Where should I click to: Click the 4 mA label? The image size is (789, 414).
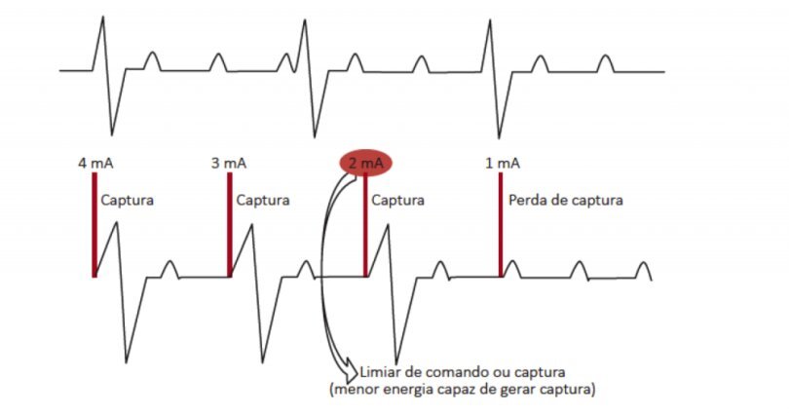pos(94,163)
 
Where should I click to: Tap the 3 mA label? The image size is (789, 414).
pos(228,163)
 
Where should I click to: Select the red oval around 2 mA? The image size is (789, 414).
pos(365,164)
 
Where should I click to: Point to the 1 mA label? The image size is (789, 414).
pos(501,163)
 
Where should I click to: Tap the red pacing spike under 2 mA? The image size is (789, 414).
pos(365,230)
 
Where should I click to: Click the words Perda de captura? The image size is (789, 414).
pos(565,201)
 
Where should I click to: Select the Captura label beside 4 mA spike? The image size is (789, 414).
pos(128,201)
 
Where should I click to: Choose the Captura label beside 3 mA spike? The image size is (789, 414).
pos(263,201)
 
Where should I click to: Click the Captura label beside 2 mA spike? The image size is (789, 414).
pos(398,201)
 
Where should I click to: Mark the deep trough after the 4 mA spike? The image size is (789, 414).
pos(128,357)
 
